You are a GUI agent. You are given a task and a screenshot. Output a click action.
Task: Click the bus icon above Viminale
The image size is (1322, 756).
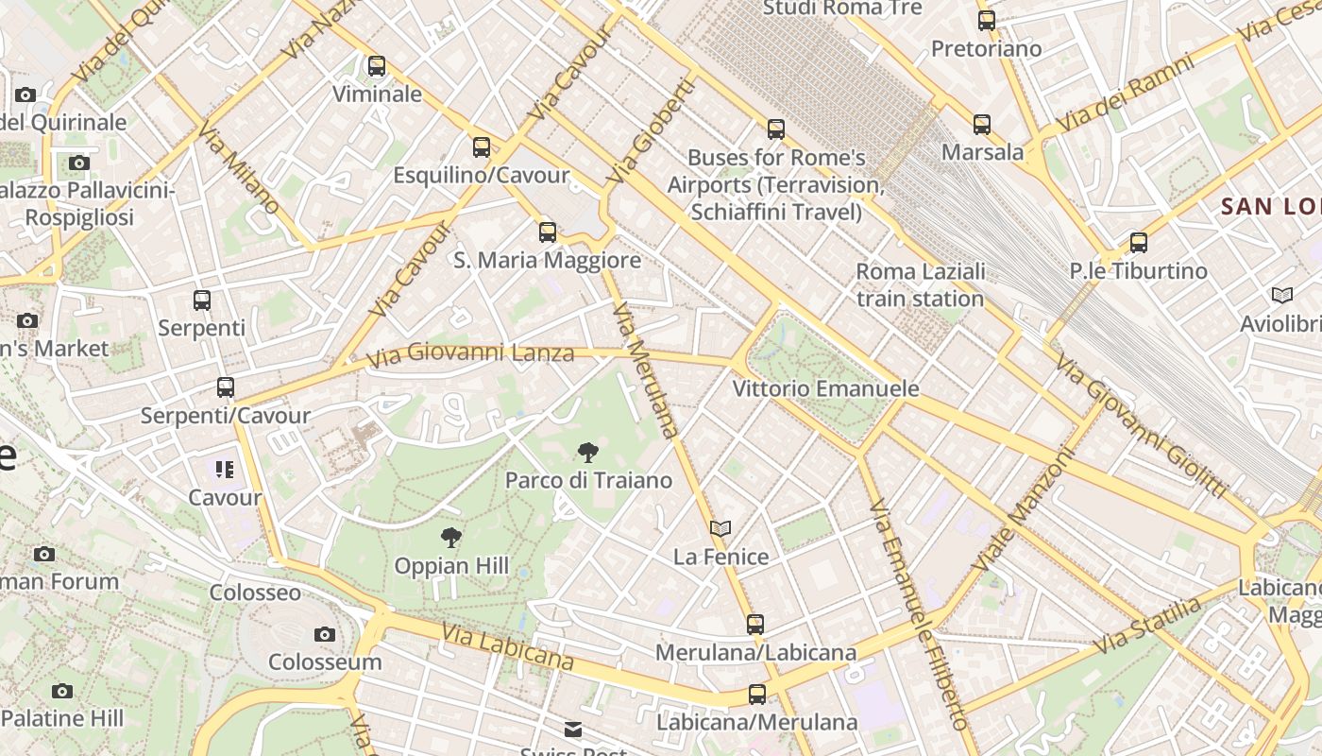coord(377,66)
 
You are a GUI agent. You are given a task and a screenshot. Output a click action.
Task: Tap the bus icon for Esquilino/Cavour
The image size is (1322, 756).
coord(482,146)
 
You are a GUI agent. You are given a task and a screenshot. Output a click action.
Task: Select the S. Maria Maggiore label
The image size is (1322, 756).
coord(547,260)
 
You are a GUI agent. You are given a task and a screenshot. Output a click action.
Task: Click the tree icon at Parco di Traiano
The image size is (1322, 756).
coord(587,452)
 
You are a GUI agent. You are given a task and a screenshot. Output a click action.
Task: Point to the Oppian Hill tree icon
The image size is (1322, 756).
coord(451,538)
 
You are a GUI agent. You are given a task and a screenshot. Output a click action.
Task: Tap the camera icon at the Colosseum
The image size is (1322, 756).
coord(325,634)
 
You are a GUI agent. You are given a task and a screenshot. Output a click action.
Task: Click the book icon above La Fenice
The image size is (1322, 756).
coord(720,528)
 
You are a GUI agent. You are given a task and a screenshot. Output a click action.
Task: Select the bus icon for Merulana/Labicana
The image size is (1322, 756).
coord(755,624)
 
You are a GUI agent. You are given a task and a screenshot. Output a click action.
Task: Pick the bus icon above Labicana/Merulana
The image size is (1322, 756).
coord(756,695)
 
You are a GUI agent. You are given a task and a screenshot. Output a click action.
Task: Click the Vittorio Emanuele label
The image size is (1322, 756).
coord(826,388)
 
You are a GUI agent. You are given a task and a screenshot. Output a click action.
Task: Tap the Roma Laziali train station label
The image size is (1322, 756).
coord(920,285)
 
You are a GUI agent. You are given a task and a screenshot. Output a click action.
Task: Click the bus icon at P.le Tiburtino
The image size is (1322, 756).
coord(1139,243)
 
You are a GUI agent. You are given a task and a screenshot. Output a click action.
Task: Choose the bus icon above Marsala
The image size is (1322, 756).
coord(982,124)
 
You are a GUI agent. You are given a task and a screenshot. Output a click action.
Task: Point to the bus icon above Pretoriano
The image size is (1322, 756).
coord(987,20)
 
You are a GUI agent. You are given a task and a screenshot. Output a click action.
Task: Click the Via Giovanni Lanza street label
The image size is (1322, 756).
coord(470,354)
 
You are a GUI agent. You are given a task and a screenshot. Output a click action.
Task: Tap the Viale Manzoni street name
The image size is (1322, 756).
coord(1024,510)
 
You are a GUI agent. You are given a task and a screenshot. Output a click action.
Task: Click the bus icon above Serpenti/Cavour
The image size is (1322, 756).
coord(225,387)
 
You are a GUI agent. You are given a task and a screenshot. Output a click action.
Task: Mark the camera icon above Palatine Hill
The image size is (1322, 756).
coord(62,691)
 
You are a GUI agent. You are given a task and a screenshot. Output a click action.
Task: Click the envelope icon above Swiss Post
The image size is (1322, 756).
coord(573,729)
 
